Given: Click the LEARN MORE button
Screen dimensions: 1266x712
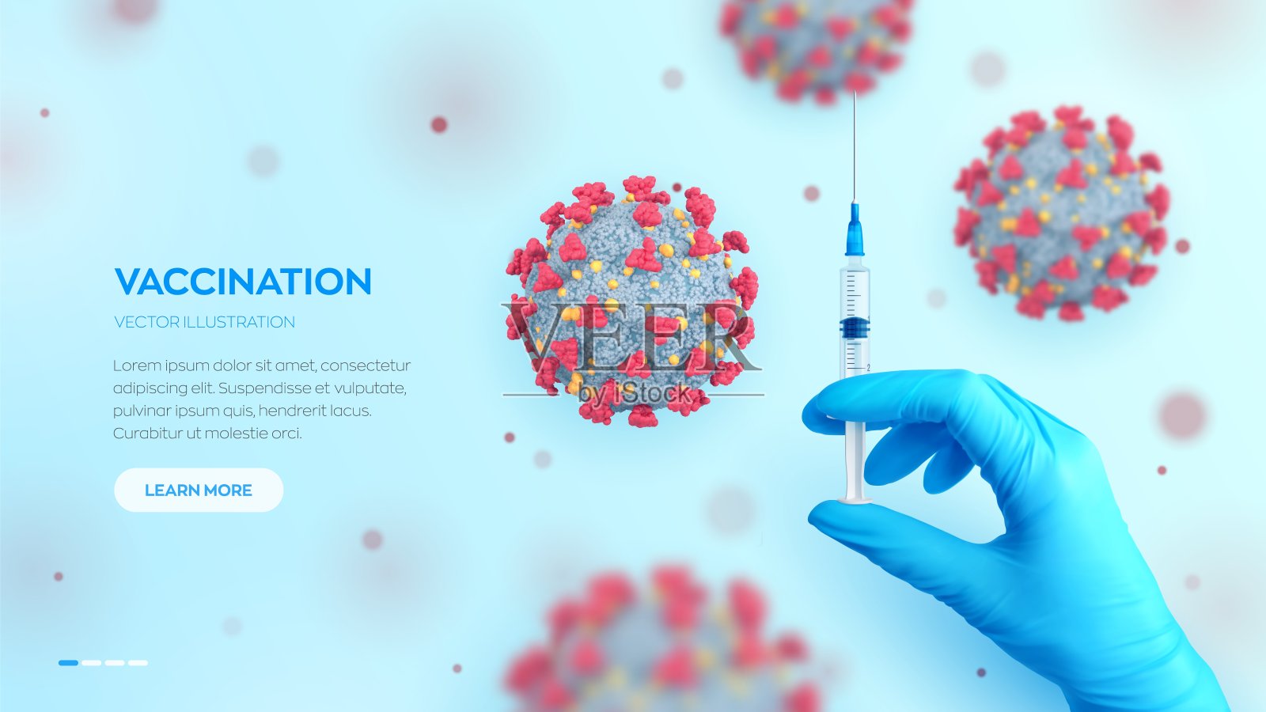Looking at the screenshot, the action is [x=199, y=490].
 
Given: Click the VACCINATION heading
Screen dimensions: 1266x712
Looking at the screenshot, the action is [x=243, y=282].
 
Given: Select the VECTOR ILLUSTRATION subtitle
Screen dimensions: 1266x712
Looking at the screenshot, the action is [x=205, y=322].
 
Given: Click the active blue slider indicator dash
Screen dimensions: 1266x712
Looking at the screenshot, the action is [x=68, y=663].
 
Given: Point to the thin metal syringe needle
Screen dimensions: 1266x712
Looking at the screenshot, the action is [x=855, y=147].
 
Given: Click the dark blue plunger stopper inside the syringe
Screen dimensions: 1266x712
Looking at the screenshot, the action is [x=855, y=328].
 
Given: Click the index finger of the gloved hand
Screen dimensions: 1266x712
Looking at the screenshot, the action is [x=887, y=399].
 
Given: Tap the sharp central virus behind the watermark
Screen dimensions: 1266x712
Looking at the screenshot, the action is [x=632, y=301].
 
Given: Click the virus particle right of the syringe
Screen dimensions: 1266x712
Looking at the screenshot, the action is [x=1062, y=214].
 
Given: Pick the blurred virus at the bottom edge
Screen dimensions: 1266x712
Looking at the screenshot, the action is [x=661, y=642].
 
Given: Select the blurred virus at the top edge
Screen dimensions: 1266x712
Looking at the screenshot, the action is [x=817, y=48].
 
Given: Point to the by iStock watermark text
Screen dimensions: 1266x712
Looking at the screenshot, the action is [x=634, y=394].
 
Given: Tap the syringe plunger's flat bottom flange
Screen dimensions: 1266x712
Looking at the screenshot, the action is [x=855, y=499].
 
